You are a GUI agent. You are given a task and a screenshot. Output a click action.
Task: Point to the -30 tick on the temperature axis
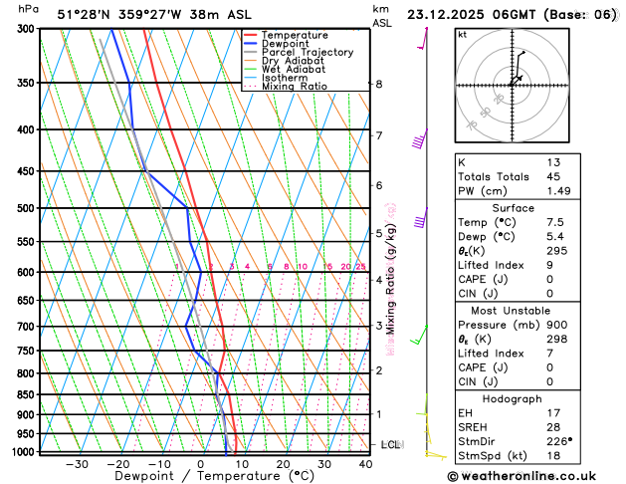click(x=77, y=464)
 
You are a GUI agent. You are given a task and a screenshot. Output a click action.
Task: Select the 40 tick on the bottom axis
click(x=366, y=464)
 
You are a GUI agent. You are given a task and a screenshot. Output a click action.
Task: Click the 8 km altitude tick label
click(x=378, y=84)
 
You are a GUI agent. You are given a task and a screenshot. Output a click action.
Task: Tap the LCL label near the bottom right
click(x=390, y=444)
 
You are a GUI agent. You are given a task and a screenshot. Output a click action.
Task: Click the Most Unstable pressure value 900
click(x=556, y=325)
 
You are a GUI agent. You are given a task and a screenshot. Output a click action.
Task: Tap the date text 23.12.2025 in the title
click(x=459, y=15)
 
